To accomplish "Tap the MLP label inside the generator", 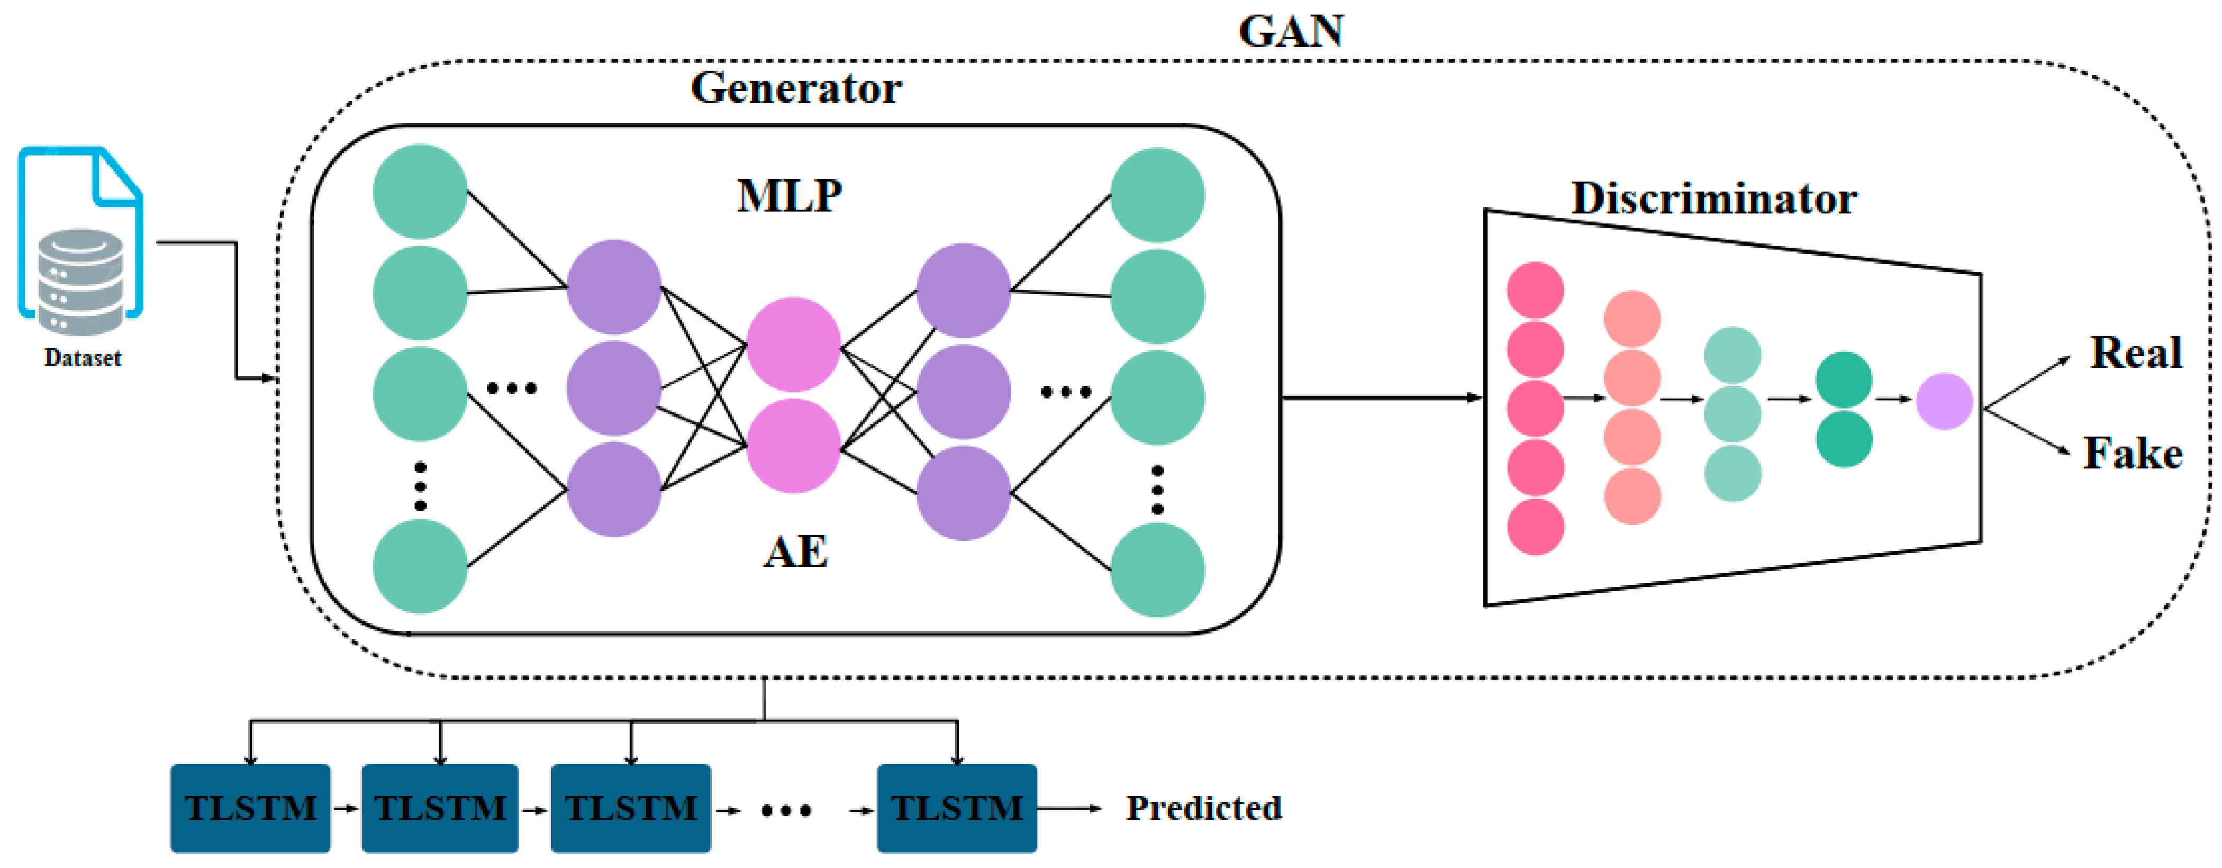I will click(789, 197).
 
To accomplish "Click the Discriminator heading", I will click(1713, 200).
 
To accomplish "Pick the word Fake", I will click(2132, 454).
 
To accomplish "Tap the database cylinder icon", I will click(81, 281).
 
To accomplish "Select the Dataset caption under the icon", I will click(83, 358).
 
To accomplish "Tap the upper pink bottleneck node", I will click(793, 345).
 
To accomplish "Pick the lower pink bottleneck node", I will click(793, 446).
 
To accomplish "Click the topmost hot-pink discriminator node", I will click(1535, 291).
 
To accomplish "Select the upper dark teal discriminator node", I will click(1843, 379).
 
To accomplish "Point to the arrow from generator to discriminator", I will click(1380, 398).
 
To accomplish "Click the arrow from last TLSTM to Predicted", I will click(1069, 809).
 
